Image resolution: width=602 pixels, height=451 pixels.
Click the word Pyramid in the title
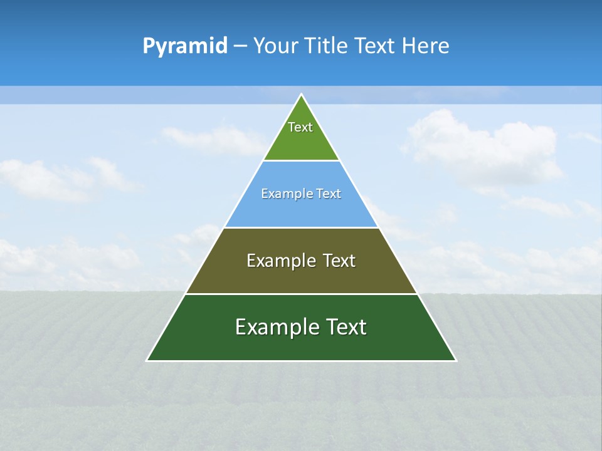[x=185, y=46]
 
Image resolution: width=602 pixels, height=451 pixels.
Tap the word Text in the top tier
[x=300, y=127]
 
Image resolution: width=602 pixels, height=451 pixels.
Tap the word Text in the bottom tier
[x=346, y=327]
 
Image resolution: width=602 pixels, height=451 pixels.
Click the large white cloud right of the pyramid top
[x=483, y=147]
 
